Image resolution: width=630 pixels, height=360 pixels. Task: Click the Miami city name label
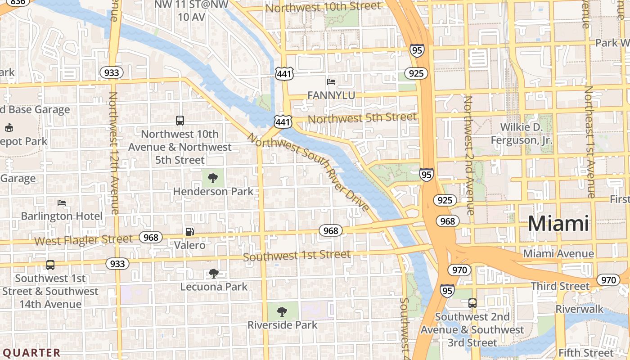[558, 224]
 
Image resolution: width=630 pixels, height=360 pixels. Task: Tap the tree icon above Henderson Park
[212, 178]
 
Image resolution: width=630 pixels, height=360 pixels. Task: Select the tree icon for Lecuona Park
[213, 273]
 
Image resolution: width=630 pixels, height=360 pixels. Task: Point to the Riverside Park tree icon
[282, 311]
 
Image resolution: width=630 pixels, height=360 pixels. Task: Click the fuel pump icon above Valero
[190, 232]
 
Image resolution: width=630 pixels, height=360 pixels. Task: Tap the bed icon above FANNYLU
[331, 82]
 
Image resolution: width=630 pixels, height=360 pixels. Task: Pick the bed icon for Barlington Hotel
[62, 203]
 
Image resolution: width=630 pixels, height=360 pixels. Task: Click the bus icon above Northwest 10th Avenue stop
[180, 121]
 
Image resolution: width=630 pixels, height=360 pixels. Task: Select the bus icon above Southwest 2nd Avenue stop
[472, 303]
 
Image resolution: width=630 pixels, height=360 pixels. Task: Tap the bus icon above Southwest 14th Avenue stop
[50, 265]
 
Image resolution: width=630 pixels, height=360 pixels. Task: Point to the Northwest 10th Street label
[323, 7]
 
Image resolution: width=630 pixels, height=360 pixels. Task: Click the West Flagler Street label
[83, 240]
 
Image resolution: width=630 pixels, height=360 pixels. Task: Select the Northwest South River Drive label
[308, 172]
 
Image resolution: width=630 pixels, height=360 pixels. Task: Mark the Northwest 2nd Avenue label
[469, 155]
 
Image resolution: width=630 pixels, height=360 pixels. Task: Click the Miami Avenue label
[558, 254]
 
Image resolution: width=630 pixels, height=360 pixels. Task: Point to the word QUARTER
[31, 352]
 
